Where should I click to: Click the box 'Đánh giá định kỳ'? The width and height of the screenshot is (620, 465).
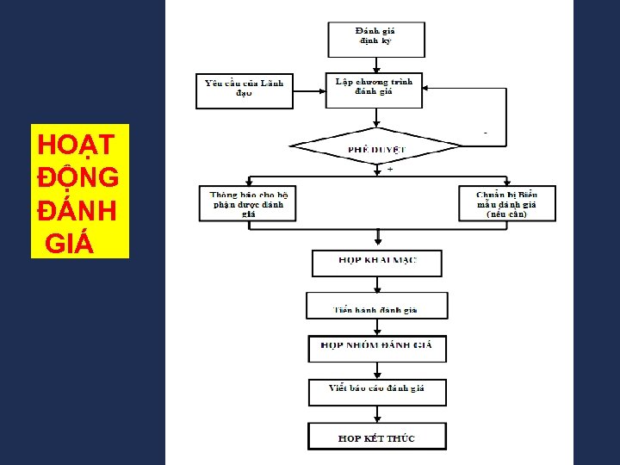[375, 38]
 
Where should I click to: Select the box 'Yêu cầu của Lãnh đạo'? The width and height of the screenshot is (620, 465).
[245, 90]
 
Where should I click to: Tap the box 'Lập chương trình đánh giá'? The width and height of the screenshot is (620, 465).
[374, 89]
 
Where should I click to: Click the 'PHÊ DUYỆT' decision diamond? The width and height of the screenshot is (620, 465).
[376, 147]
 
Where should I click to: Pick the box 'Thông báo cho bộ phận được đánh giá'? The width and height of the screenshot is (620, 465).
[248, 204]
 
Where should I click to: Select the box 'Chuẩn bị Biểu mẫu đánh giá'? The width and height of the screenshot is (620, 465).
[506, 204]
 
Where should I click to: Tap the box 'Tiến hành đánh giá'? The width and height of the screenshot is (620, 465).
[376, 307]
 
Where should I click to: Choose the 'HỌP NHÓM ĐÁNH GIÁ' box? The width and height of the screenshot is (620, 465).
[376, 347]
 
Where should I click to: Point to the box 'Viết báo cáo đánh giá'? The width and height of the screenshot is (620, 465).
[377, 391]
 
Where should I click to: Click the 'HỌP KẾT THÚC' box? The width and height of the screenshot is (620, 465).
[376, 437]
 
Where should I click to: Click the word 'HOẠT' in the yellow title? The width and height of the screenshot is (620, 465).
[71, 143]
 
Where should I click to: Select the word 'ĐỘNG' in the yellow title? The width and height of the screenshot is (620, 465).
[78, 177]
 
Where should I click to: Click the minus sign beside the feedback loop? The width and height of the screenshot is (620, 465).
[486, 134]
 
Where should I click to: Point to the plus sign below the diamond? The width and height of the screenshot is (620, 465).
[389, 170]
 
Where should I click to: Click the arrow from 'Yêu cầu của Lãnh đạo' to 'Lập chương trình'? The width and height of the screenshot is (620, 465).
[309, 89]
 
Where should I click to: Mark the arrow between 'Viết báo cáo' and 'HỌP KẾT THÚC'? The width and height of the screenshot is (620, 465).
[376, 413]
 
